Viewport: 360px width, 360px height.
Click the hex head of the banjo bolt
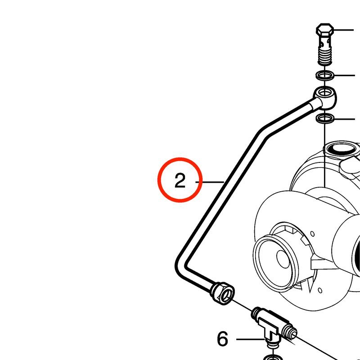[325, 29]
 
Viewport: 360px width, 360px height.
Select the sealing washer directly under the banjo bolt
[325, 75]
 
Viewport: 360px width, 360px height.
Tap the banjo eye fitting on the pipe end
[325, 97]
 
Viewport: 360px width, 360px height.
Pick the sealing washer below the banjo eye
[325, 118]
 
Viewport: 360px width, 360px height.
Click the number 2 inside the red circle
[180, 181]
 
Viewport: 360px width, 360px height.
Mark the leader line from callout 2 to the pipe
[210, 182]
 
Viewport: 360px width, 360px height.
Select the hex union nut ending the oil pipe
[222, 293]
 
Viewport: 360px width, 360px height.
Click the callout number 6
[223, 339]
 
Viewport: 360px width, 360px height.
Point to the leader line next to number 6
[251, 339]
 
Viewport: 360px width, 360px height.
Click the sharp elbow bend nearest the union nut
[181, 266]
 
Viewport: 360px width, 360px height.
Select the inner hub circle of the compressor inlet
[283, 258]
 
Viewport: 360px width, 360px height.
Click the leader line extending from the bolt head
[343, 30]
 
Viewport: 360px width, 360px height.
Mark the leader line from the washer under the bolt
[344, 75]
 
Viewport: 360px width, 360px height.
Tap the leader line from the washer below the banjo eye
[345, 119]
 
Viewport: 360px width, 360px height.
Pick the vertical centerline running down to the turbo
[325, 155]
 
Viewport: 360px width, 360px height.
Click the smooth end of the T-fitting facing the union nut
[256, 313]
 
